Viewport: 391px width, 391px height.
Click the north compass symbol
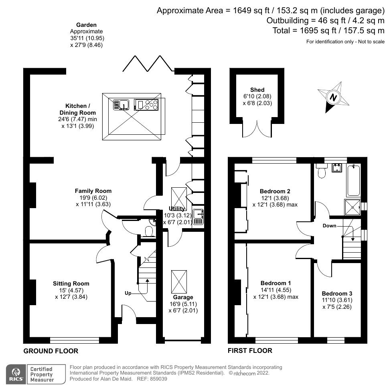coord(332,97)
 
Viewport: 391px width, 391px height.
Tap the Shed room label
coord(257,90)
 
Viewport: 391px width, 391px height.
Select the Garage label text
coord(183,297)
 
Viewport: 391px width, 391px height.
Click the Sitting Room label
coord(71,284)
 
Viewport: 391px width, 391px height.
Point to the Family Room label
coord(93,191)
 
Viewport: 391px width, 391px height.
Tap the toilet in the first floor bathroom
coord(322,171)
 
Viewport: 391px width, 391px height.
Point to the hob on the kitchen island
coord(147,105)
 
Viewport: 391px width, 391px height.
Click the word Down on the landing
coord(329,226)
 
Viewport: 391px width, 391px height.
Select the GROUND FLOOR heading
coord(51,351)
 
